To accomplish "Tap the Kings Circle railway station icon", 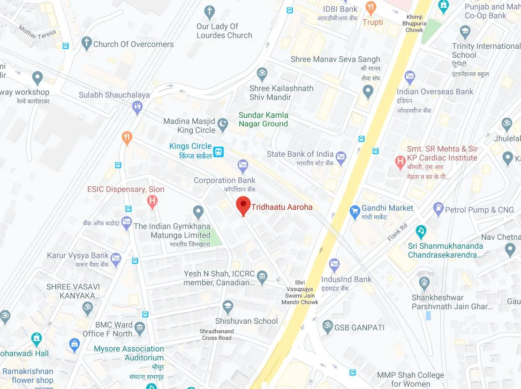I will (218, 152).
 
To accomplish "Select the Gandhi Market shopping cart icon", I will (355, 212).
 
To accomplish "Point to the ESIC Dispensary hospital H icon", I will (152, 202).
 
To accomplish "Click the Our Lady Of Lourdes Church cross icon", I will (210, 11).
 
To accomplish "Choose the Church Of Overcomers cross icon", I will (86, 44).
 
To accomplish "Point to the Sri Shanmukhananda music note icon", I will (421, 231).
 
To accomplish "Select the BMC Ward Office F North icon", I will (140, 327).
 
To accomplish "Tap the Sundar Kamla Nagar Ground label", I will (263, 119).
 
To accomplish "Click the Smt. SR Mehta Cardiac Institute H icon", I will (400, 162).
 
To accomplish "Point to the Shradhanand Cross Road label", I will (216, 334).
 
